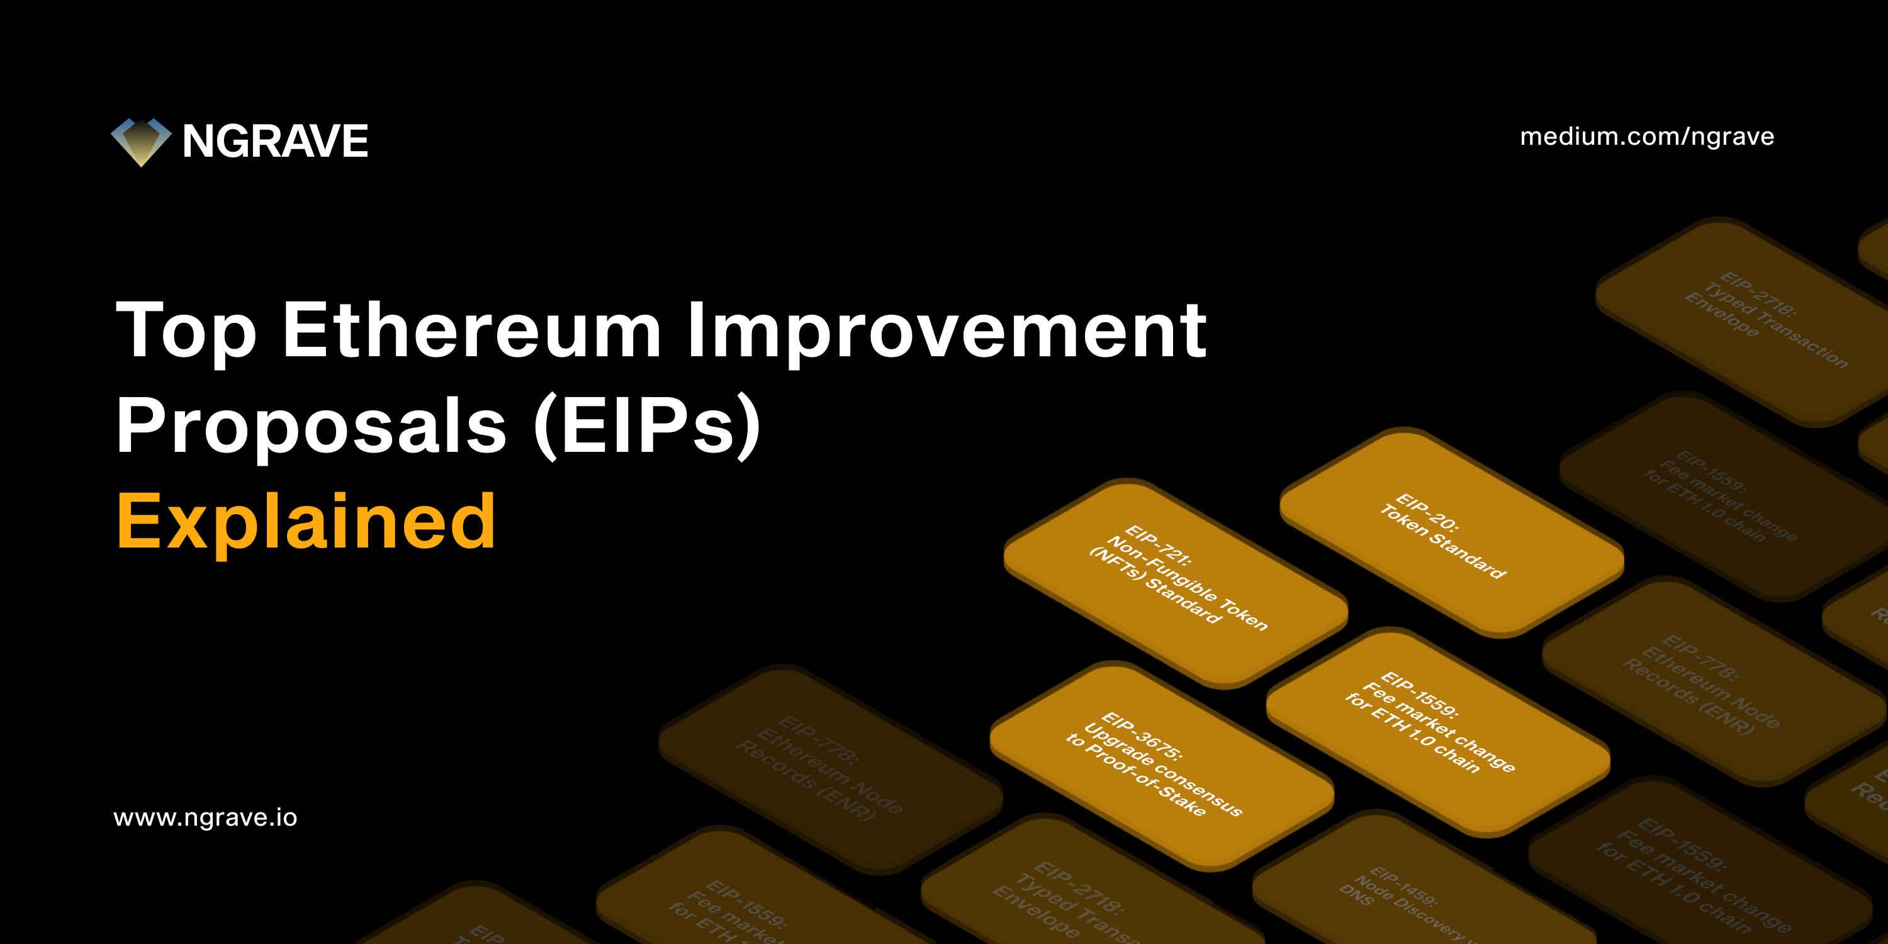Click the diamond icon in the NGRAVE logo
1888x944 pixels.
[141, 142]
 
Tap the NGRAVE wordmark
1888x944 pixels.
[275, 141]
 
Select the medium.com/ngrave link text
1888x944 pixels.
[1647, 137]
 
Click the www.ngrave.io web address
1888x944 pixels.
[205, 818]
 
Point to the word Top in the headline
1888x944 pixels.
[186, 331]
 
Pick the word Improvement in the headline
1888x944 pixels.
[946, 331]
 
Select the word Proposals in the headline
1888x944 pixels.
[312, 425]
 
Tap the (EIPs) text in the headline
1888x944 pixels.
[648, 425]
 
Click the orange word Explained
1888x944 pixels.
[306, 522]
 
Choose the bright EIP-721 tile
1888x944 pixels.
[1175, 583]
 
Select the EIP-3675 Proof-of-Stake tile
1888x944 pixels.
[1162, 766]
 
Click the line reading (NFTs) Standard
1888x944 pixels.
[1154, 586]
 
